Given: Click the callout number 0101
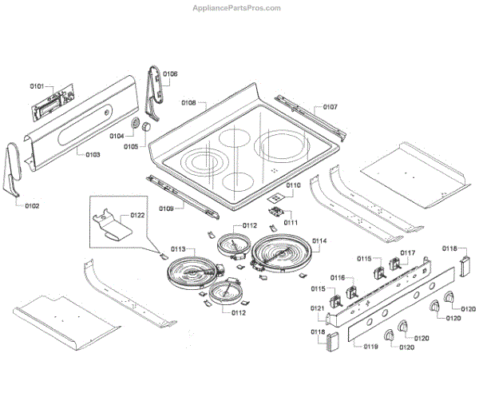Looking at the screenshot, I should tap(38, 85).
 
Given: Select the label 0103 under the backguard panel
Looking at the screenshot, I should tap(93, 154).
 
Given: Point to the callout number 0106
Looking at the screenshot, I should tap(170, 74).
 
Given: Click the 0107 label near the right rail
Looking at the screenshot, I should tap(330, 106).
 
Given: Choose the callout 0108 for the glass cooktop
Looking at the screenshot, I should tap(188, 103).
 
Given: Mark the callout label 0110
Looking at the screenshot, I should tap(293, 185).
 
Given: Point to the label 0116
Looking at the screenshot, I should tap(337, 277).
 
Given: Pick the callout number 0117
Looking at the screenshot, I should tap(408, 253).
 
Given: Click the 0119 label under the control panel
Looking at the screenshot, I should tap(370, 347).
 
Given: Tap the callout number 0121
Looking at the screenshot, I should tap(317, 308).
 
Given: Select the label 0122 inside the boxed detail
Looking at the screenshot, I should tap(137, 216).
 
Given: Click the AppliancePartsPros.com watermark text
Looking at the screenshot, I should tap(237, 8).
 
